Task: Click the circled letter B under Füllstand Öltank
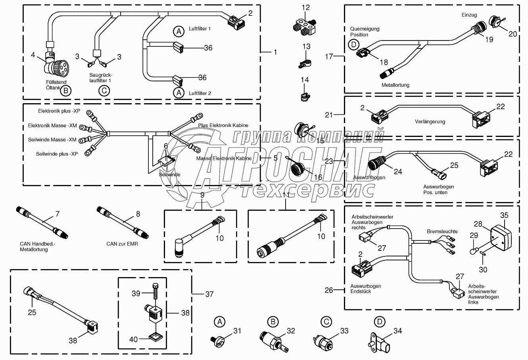tap(66, 91)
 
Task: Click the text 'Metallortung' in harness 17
tap(395, 85)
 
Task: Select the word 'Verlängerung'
tap(430, 122)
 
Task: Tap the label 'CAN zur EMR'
tap(122, 244)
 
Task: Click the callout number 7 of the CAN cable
tap(57, 214)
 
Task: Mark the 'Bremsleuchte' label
tap(442, 231)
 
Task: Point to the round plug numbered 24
tap(377, 163)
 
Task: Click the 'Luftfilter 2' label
tap(200, 93)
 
